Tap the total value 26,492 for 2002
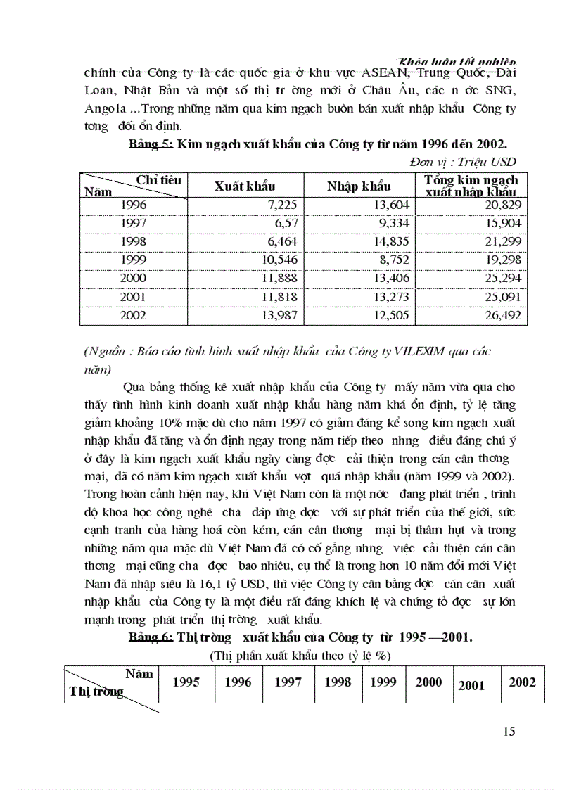coord(505,317)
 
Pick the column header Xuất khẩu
coord(244,186)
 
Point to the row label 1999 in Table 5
coord(134,260)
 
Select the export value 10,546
coord(281,260)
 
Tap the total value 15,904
coord(505,222)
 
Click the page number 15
coord(509,732)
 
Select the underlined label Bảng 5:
coord(151,144)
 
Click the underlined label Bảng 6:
coord(151,637)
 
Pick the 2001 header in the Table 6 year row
coord(471,685)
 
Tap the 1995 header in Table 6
coord(186,682)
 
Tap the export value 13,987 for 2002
coord(281,317)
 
